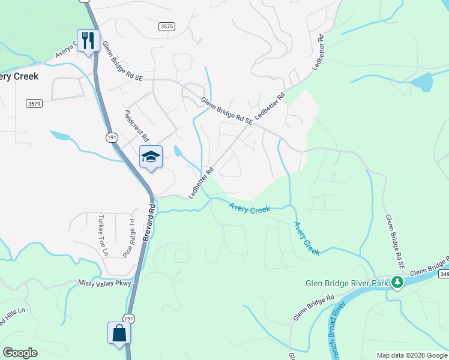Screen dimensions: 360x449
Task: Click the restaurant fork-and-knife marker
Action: click(88, 41)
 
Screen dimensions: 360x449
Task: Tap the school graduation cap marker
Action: click(151, 157)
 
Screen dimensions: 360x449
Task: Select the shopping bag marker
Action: click(119, 334)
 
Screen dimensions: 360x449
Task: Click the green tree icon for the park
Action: click(397, 282)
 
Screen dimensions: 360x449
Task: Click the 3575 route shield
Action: click(167, 26)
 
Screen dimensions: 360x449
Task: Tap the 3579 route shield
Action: click(34, 104)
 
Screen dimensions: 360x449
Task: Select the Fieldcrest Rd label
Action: click(136, 125)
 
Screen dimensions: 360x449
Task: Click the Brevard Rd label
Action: click(148, 223)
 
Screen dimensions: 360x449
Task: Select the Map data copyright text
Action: click(412, 355)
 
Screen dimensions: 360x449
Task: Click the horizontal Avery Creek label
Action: click(249, 208)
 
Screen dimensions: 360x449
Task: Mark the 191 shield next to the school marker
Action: click(112, 137)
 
